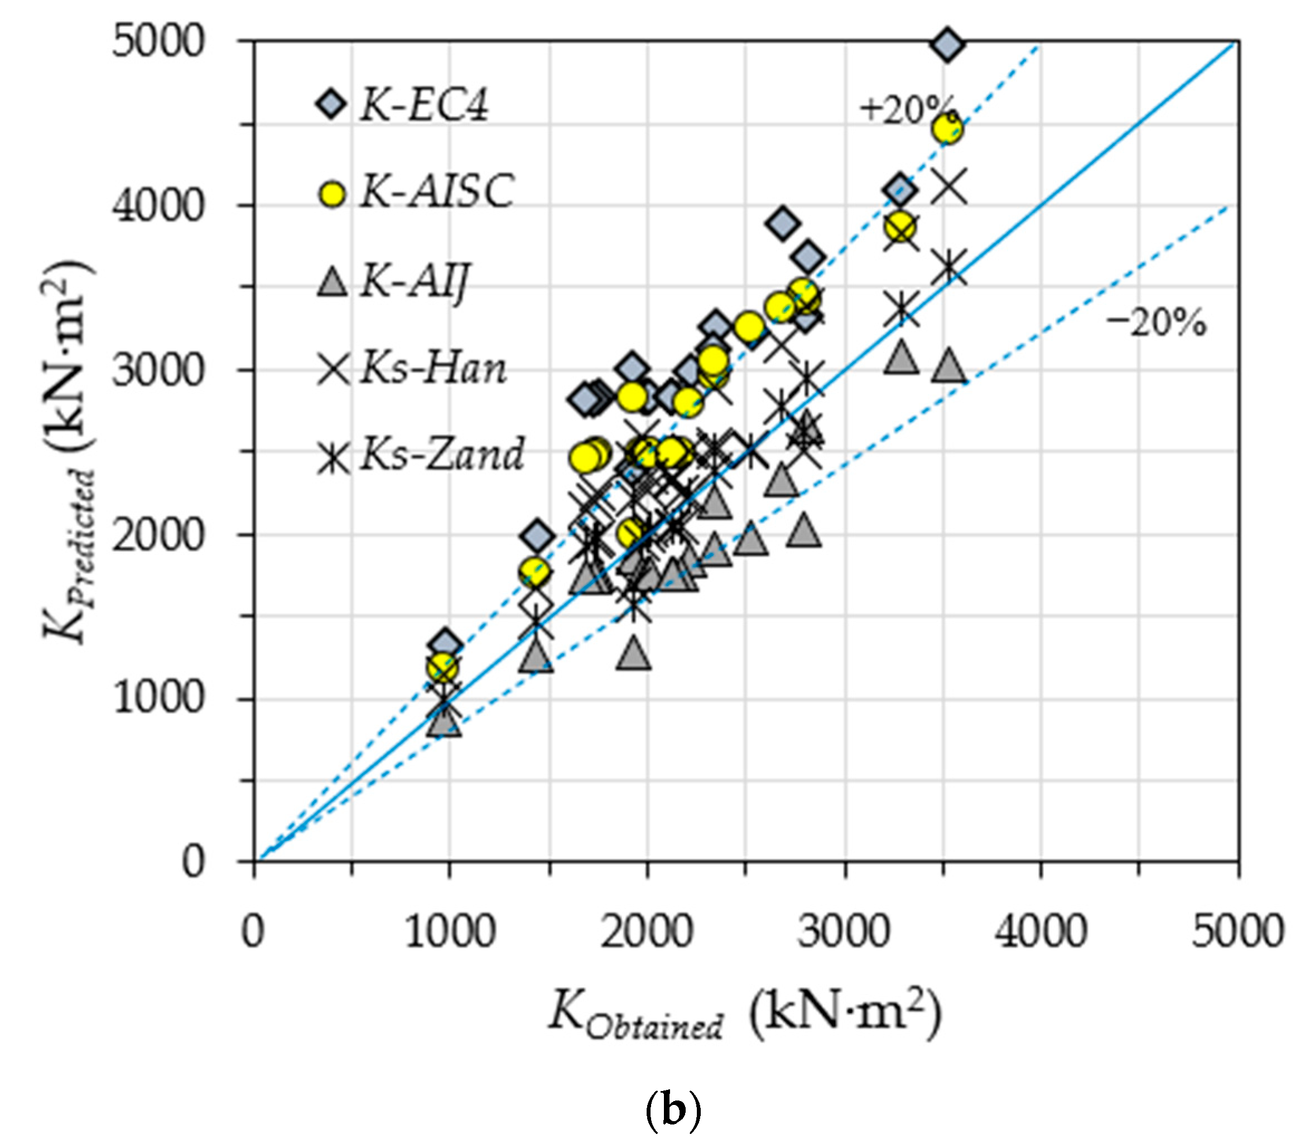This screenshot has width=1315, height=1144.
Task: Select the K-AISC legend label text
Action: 437,191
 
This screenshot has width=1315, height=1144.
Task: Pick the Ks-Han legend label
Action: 433,369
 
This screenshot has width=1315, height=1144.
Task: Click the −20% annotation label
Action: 1156,323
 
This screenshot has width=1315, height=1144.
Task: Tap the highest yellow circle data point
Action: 947,129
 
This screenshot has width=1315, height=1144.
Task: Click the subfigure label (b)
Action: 672,1112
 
